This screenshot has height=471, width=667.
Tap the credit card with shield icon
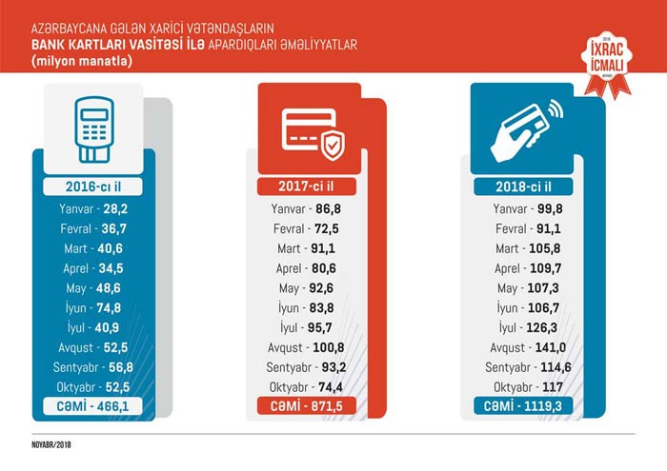pyautogui.click(x=309, y=132)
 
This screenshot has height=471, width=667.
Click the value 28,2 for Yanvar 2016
pyautogui.click(x=116, y=209)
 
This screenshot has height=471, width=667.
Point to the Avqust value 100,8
pyautogui.click(x=333, y=348)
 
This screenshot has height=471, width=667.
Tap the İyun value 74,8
pyautogui.click(x=116, y=308)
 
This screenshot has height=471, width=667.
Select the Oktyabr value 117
pyautogui.click(x=549, y=388)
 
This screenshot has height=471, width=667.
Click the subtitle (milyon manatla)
pyautogui.click(x=81, y=61)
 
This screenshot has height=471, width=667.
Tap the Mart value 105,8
pyautogui.click(x=551, y=248)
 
